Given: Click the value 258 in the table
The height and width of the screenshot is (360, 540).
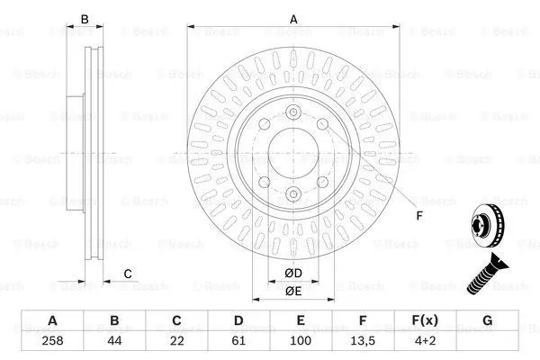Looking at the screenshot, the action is [x=52, y=341].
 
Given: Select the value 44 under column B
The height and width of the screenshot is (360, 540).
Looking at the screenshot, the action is [x=114, y=341].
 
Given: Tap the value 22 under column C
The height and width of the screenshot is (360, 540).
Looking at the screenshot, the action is [x=176, y=341].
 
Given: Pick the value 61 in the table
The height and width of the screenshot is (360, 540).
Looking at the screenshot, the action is [x=238, y=341].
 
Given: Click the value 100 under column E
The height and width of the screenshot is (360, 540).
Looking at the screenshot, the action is [x=301, y=341].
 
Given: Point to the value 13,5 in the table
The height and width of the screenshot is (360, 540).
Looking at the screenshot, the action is [x=363, y=341].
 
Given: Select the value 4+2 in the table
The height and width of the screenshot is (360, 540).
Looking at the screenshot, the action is [x=425, y=341].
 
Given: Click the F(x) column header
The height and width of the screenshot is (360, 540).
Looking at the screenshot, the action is [x=425, y=320].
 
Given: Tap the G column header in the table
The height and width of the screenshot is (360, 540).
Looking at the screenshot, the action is [x=487, y=320].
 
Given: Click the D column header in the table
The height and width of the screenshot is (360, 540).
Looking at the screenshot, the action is [x=238, y=320].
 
